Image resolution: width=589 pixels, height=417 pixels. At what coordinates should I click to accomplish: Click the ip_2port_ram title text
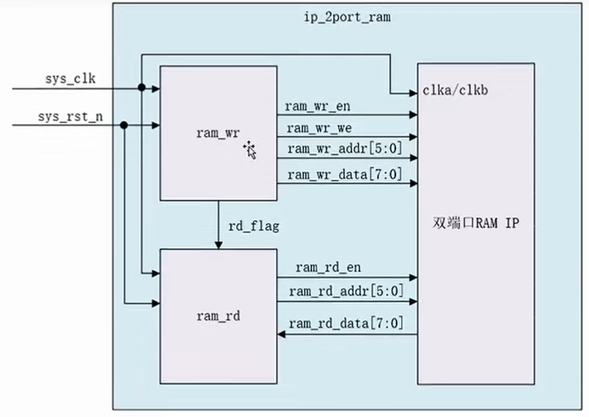pos(347,16)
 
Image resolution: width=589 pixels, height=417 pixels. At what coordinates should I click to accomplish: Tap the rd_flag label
pos(253,226)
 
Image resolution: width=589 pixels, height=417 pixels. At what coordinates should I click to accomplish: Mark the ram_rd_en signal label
pos(328,267)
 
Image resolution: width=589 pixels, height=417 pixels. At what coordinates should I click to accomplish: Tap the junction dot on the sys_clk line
pos(141,88)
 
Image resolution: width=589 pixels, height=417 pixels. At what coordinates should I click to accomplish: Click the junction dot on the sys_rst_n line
pos(124,126)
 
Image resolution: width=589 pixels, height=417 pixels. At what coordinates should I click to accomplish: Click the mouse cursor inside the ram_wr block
pos(250,150)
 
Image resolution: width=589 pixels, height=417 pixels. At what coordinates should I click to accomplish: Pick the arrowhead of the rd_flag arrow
pos(219,246)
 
